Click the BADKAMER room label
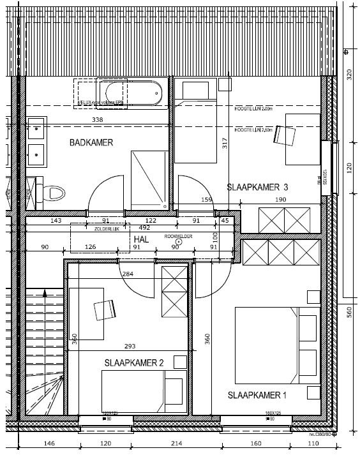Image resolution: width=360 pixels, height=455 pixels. [91, 143]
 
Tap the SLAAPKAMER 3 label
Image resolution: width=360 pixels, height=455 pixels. [258, 187]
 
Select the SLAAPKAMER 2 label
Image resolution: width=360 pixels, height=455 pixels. [134, 362]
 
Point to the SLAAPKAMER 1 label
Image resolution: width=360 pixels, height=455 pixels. [257, 396]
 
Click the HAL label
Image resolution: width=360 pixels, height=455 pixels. [142, 238]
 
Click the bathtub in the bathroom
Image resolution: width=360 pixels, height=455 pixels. [131, 94]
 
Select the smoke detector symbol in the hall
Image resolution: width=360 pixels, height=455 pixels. [169, 241]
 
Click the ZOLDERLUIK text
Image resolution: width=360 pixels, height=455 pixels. [107, 227]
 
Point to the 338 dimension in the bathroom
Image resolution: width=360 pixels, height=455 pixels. [98, 120]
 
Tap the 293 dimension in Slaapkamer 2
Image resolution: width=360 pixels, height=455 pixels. [131, 347]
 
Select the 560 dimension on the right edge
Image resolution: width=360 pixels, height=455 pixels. [349, 311]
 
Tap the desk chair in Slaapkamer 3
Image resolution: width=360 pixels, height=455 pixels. [287, 136]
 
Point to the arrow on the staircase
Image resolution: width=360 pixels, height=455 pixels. [45, 295]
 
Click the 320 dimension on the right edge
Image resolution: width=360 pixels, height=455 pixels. [349, 75]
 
